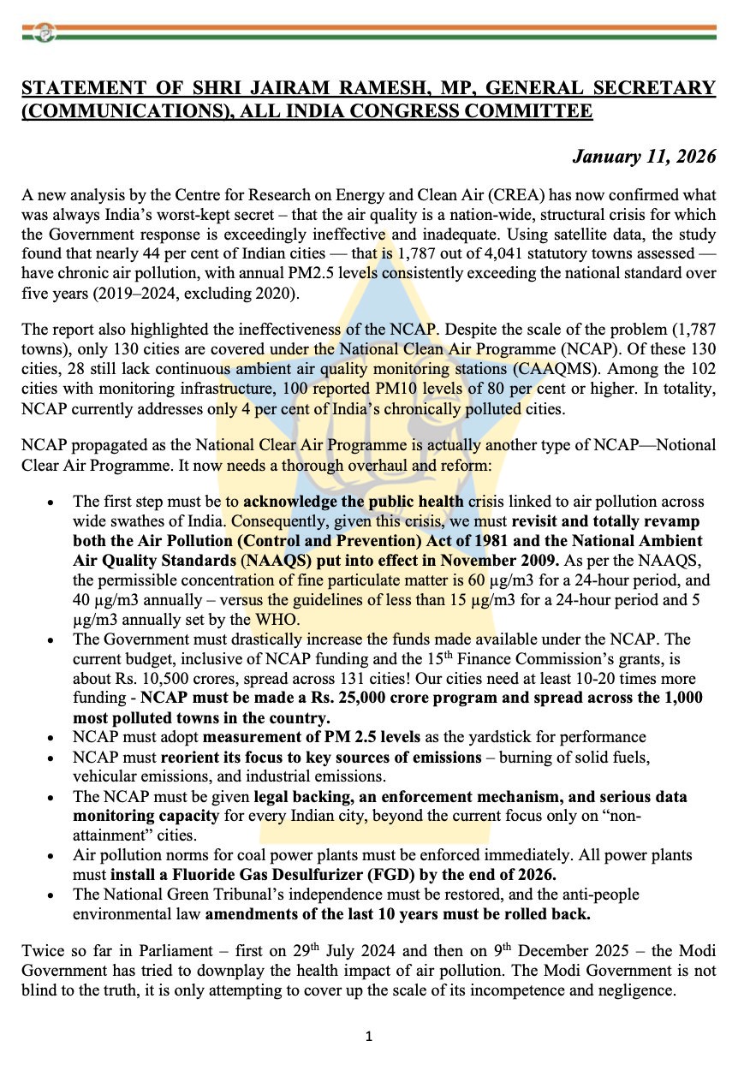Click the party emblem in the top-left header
44,33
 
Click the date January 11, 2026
644,157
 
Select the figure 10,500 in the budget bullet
150,680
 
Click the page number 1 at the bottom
368,1037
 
